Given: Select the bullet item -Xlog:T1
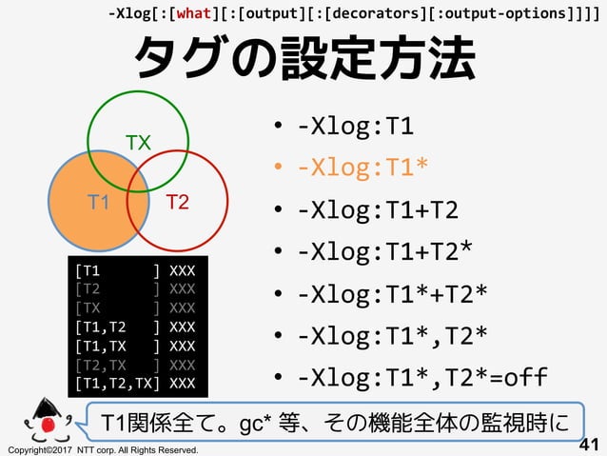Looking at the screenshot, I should [355, 128].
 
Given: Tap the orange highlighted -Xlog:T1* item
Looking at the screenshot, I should [362, 168].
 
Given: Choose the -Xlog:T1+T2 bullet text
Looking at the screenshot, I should [376, 209].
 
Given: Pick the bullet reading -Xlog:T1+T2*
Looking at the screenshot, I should [383, 250].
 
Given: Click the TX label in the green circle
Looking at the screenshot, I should [139, 144].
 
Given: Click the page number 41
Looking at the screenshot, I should [590, 443].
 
